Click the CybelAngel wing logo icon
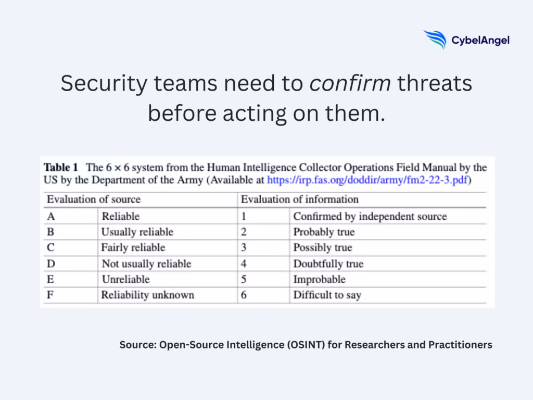pos(435,40)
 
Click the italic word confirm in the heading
pos(350,83)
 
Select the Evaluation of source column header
pos(94,199)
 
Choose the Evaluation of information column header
pos(299,199)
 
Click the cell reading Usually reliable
pos(137,232)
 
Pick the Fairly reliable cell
pos(133,247)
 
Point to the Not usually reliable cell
pos(146,264)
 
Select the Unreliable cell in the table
pos(126,279)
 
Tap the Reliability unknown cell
pos(147,295)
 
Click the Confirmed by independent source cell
pos(370,216)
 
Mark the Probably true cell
pos(324,232)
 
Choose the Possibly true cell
pos(323,247)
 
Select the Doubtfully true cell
pos(328,264)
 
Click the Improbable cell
pos(319,279)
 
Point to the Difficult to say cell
pos(327,295)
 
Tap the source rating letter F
pos(50,295)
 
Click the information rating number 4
pos(244,264)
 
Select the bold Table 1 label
pos(61,168)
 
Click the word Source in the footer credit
pos(137,345)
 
